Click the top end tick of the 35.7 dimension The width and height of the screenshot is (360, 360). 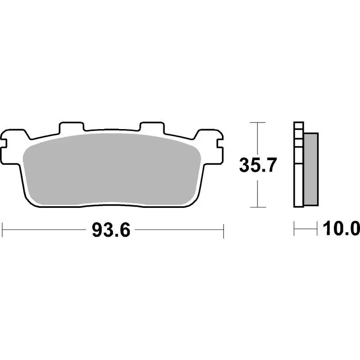pyautogui.click(x=257, y=122)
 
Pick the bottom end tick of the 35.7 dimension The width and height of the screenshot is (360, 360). pyautogui.click(x=257, y=207)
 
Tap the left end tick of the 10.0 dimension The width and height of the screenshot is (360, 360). pyautogui.click(x=294, y=229)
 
